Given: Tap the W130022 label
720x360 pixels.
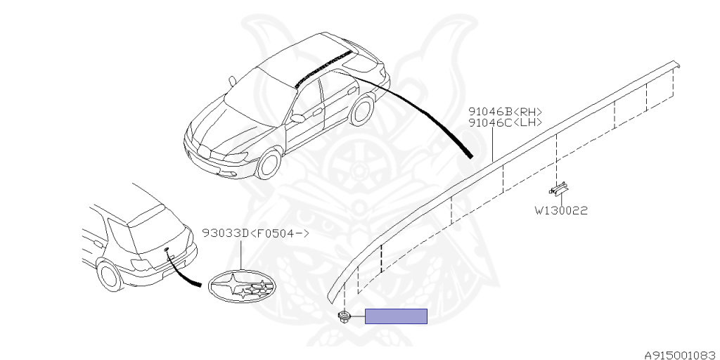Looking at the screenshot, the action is tap(560, 210).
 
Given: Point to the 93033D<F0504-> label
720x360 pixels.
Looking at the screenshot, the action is tap(255, 233).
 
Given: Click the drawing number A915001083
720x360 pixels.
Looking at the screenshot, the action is tap(680, 354).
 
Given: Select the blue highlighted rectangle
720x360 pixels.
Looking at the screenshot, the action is tap(396, 316).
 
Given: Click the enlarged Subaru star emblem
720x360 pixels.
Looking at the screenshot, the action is tap(241, 287).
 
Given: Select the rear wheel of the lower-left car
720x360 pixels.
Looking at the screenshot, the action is tap(110, 274).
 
